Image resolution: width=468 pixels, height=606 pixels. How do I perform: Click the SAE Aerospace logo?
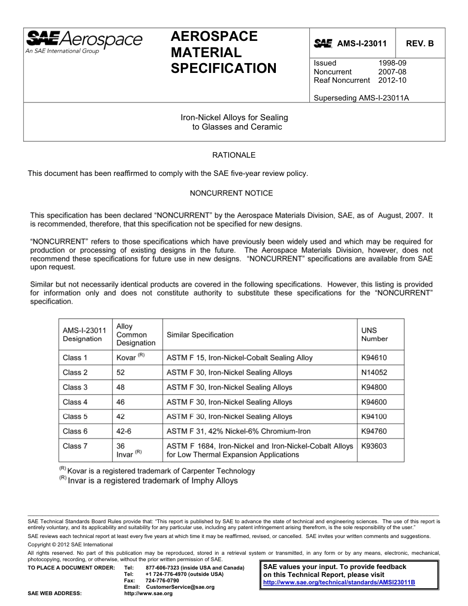click(x=84, y=41)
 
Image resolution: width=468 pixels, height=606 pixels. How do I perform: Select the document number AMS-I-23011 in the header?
click(x=362, y=43)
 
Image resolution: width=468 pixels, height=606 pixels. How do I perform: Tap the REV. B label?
click(x=420, y=43)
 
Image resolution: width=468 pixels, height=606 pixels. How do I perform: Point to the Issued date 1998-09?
click(x=392, y=63)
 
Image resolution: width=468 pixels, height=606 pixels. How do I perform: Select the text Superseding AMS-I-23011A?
click(x=361, y=98)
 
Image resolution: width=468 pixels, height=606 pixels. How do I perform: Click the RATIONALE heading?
click(x=234, y=155)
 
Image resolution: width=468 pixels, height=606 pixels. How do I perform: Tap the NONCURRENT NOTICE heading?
click(x=231, y=193)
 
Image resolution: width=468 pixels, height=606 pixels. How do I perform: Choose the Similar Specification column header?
click(x=200, y=335)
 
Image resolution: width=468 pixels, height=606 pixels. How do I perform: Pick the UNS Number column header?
click(x=374, y=335)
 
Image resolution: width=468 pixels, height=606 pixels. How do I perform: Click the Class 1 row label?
click(x=75, y=358)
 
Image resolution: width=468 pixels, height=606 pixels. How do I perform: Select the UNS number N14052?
click(x=374, y=372)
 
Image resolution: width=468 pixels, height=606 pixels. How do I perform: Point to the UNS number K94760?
click(x=374, y=431)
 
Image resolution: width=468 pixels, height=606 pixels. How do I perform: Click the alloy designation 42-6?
click(x=124, y=431)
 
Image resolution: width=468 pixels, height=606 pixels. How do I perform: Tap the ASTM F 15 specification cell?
click(x=239, y=358)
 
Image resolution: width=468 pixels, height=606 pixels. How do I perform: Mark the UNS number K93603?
click(x=374, y=446)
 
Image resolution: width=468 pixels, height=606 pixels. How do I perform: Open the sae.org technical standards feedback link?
click(x=339, y=582)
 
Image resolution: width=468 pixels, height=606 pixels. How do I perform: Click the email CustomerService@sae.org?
click(x=177, y=587)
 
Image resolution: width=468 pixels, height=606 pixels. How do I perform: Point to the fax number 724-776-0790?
click(x=162, y=580)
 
